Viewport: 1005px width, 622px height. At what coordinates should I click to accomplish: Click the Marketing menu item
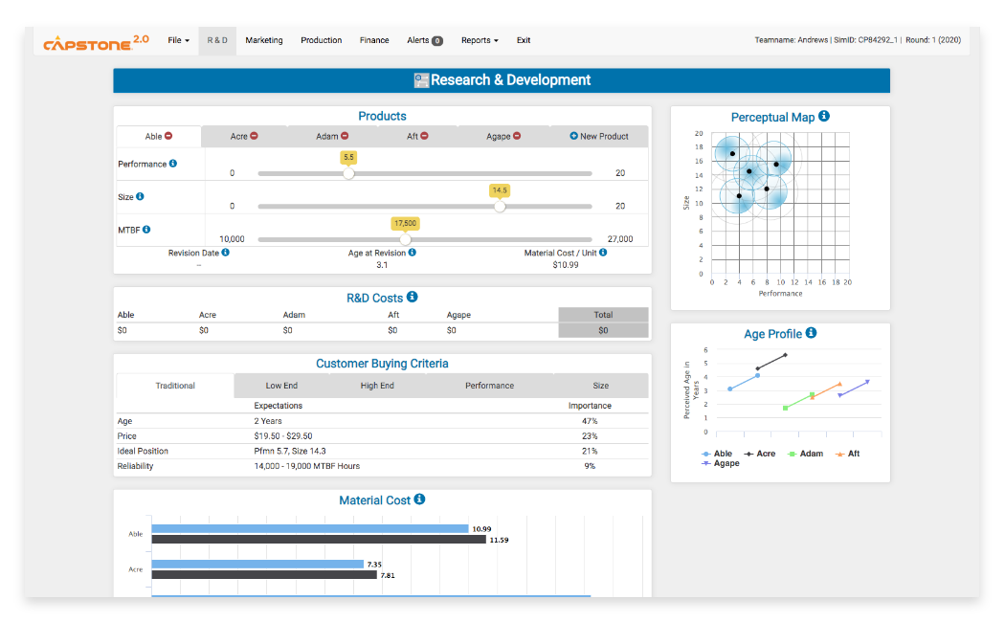click(x=263, y=40)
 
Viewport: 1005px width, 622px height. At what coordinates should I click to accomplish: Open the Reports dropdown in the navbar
click(x=479, y=40)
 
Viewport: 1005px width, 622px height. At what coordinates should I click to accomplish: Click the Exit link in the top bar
click(x=524, y=40)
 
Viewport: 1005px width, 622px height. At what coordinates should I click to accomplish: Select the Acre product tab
click(x=244, y=137)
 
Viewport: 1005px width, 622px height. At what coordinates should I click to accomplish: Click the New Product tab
click(x=599, y=137)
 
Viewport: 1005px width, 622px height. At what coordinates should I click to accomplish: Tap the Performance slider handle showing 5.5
click(x=348, y=173)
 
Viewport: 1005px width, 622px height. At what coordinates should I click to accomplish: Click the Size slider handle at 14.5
click(x=500, y=206)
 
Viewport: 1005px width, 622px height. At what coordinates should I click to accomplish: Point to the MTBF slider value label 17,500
click(x=405, y=223)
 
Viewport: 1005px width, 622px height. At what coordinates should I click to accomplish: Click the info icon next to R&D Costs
click(x=413, y=298)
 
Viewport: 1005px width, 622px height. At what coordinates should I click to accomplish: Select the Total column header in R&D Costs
click(x=603, y=315)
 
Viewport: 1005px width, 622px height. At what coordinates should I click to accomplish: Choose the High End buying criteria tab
click(x=377, y=386)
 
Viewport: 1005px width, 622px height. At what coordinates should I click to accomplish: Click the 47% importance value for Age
click(x=590, y=421)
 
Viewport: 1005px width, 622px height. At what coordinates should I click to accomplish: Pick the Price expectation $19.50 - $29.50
click(x=283, y=436)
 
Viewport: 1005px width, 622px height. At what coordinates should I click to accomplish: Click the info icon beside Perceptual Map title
click(x=824, y=117)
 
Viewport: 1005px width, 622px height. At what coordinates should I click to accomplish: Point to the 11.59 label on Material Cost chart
click(x=499, y=540)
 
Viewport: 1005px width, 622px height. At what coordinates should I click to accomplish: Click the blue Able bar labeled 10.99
click(x=309, y=528)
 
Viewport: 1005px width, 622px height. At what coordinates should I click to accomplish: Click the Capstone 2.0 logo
click(x=96, y=41)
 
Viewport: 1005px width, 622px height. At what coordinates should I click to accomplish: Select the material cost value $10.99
click(x=566, y=265)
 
